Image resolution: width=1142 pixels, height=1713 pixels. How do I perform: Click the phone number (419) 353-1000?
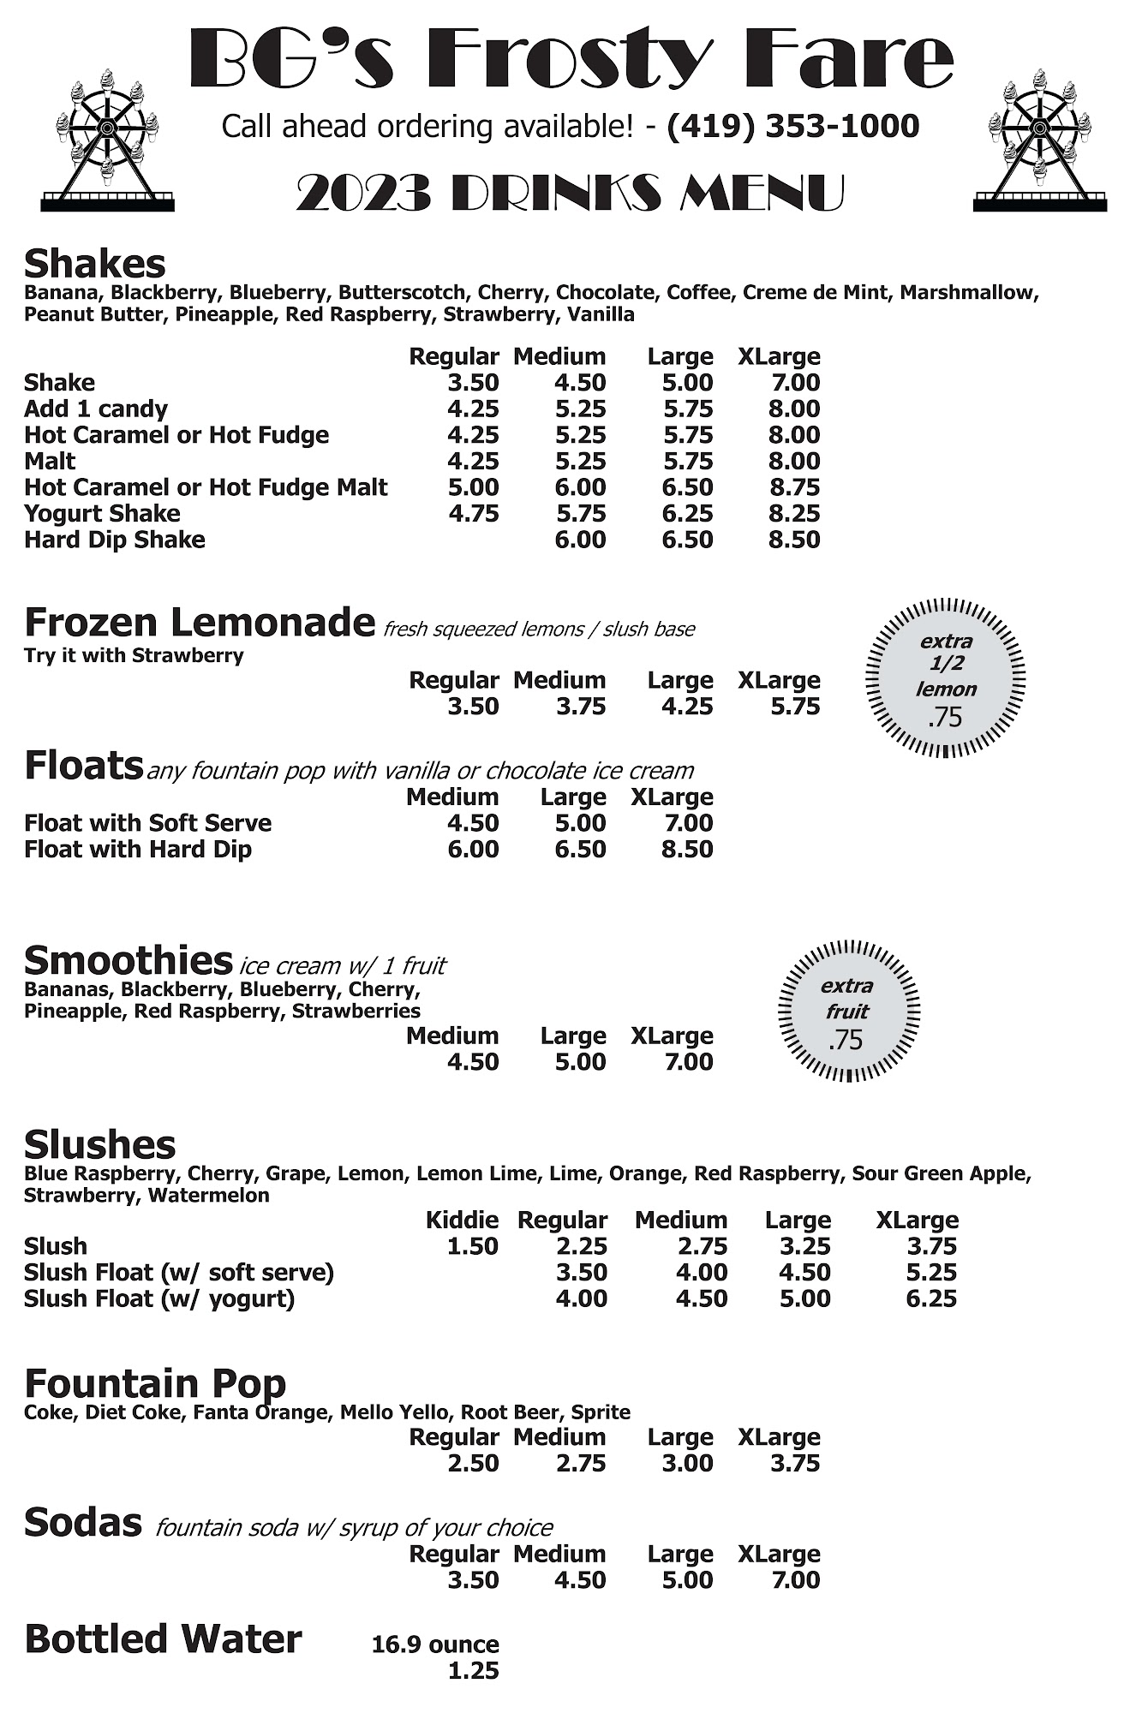[x=792, y=127]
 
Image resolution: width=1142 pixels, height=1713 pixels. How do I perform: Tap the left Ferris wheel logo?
[x=107, y=141]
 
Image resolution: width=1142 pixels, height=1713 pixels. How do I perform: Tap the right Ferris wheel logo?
[x=1039, y=141]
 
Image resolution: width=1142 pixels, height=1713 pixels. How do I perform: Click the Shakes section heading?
[x=95, y=264]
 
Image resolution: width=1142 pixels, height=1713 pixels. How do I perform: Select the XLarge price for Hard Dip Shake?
[x=794, y=540]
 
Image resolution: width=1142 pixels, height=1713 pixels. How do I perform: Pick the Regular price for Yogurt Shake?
[x=473, y=513]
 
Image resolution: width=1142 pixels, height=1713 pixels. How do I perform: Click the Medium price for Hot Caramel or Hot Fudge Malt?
[x=580, y=487]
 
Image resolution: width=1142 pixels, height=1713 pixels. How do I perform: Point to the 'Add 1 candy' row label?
[x=96, y=409]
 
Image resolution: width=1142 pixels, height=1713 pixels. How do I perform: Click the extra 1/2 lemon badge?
[x=946, y=677]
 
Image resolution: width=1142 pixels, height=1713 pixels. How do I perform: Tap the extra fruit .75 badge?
[x=848, y=1012]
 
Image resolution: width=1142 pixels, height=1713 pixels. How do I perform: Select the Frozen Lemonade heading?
[x=200, y=623]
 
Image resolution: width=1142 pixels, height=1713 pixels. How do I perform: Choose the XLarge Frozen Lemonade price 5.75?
[x=794, y=707]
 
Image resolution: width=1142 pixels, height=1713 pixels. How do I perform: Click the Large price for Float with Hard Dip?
[x=580, y=850]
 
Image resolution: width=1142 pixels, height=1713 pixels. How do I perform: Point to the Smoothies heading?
[x=129, y=961]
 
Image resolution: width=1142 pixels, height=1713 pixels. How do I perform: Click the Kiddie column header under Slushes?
[x=462, y=1220]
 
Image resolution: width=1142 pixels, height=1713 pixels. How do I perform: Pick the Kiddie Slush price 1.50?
[x=473, y=1246]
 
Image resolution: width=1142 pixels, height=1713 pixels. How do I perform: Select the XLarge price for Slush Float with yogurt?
[x=931, y=1298]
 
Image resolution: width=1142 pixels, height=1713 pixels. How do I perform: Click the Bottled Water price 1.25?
[x=473, y=1670]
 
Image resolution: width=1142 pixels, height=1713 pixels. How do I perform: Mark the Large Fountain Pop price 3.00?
[x=687, y=1463]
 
